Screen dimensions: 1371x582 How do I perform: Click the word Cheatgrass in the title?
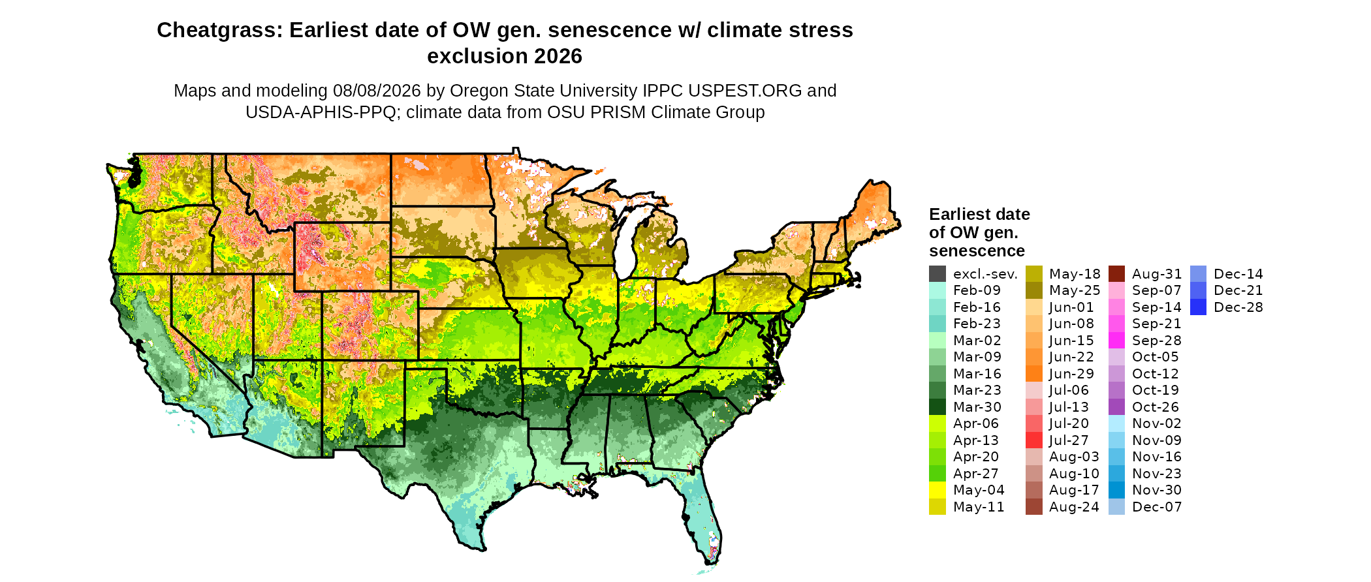219,30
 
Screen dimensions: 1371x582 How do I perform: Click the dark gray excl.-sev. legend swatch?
938,274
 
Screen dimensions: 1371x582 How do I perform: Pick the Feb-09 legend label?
977,290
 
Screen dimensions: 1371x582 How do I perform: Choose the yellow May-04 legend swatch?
938,490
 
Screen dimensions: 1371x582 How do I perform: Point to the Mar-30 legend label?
977,407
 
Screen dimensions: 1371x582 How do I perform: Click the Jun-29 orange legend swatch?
1034,374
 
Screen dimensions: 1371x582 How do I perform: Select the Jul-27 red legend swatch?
1034,440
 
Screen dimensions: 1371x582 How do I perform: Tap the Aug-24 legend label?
1074,507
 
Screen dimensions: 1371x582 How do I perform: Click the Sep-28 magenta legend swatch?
1117,341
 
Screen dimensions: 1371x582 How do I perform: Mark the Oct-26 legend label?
1156,407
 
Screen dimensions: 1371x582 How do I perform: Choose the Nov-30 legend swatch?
1117,490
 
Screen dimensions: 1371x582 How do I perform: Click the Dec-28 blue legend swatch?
1199,307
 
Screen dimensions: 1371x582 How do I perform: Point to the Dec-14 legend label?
1238,274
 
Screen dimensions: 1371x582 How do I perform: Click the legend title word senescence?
977,251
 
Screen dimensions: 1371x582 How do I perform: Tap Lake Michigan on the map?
625,245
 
